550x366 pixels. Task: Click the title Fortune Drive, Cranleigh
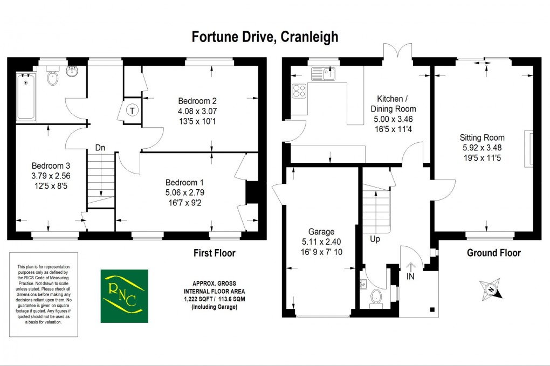tap(265, 37)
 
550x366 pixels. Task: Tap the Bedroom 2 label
tap(197, 101)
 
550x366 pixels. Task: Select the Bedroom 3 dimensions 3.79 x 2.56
tap(51, 176)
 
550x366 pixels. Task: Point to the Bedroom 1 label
tap(184, 182)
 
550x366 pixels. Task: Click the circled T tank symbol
tap(131, 111)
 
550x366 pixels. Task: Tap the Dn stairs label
tap(100, 147)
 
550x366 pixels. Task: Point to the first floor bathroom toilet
tap(53, 78)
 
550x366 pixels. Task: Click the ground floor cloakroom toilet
tap(377, 296)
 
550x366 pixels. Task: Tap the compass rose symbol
tap(492, 289)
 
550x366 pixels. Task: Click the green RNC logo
tap(124, 296)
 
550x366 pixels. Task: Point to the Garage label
tap(321, 232)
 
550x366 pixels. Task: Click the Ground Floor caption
tap(493, 253)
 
